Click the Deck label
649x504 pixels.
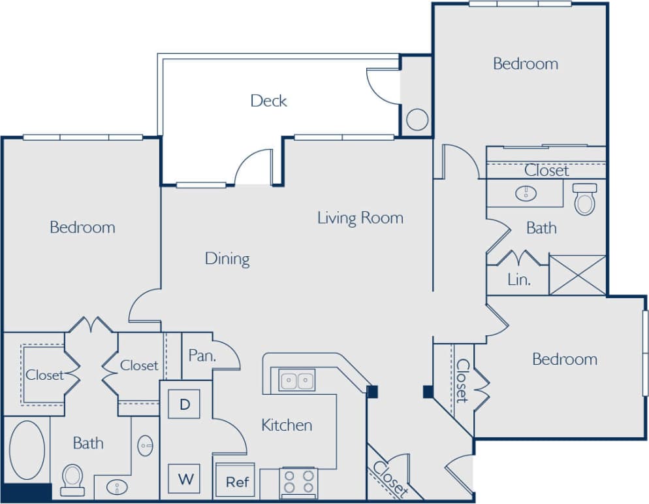[x=268, y=101]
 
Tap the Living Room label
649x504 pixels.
[x=360, y=218]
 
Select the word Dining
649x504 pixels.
[x=227, y=259]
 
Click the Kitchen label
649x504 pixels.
[x=287, y=426]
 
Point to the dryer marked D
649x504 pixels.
[x=185, y=404]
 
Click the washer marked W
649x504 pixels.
[x=185, y=479]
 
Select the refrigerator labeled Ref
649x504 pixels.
[x=238, y=482]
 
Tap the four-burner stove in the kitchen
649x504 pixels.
[x=298, y=483]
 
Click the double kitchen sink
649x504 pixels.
[x=297, y=380]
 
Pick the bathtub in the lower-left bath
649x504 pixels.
[x=27, y=450]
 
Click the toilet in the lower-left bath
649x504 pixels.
[x=72, y=479]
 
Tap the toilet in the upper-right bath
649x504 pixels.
[x=584, y=199]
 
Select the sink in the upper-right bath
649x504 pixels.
[x=526, y=193]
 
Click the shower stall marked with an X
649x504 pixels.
[x=577, y=275]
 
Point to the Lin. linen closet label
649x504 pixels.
[x=518, y=280]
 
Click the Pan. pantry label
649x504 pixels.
[x=202, y=356]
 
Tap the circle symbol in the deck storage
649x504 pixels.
[x=417, y=120]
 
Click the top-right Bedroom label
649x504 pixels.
[x=526, y=64]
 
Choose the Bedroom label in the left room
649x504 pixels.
[x=82, y=227]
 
